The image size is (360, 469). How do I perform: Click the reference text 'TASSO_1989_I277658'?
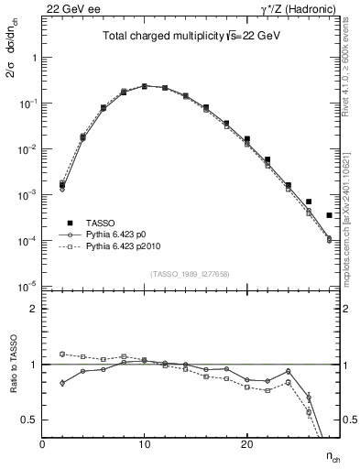click(188, 274)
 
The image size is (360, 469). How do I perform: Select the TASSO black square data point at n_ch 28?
click(329, 215)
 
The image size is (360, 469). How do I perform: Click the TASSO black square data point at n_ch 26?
click(309, 202)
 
